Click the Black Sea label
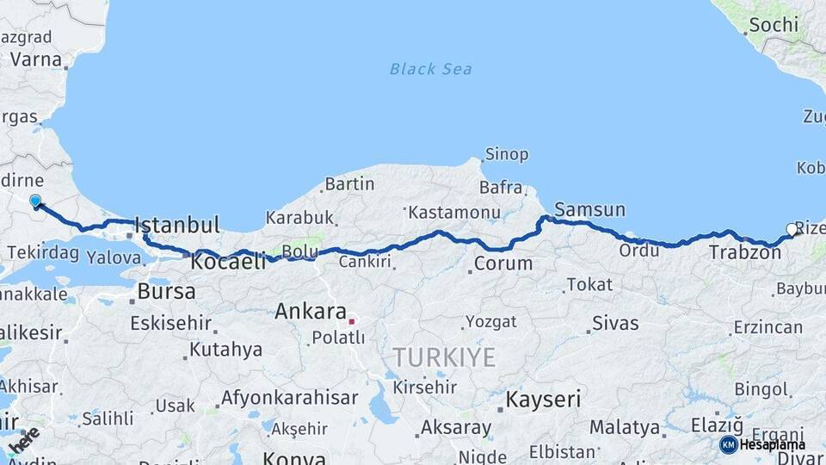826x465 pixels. [430, 69]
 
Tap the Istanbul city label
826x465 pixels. [177, 226]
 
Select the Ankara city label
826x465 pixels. [310, 312]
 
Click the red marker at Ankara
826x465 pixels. [351, 321]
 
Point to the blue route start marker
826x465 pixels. [35, 201]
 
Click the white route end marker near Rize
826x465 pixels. [792, 229]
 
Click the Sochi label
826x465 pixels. [773, 25]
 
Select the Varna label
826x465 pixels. [37, 60]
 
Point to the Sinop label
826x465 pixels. [507, 155]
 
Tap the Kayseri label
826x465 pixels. [543, 400]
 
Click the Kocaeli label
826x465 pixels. [228, 261]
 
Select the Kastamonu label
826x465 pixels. [454, 212]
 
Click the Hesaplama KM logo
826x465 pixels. [762, 444]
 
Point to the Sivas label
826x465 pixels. [615, 324]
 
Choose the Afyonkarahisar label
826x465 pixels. [289, 398]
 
